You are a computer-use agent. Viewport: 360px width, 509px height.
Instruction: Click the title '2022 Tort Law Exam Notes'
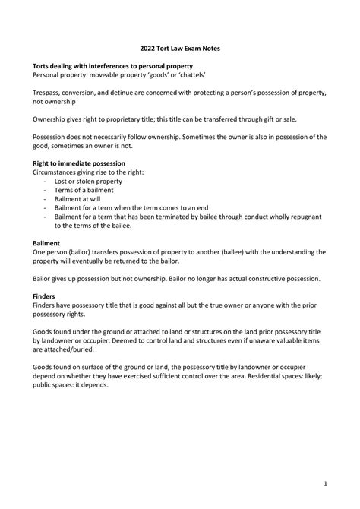179,47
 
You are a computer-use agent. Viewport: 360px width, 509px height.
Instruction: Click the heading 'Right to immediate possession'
79,163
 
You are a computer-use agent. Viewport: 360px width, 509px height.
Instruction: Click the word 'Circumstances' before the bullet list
59,172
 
